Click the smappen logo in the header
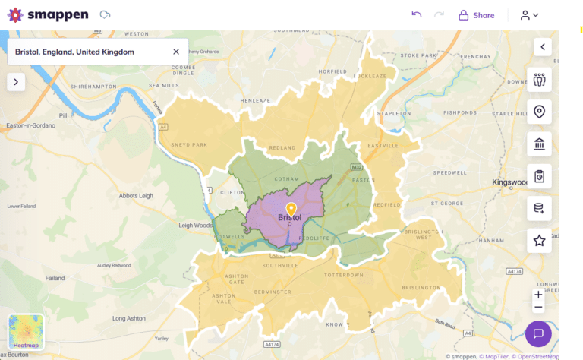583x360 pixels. coord(47,14)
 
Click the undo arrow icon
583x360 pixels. coord(416,14)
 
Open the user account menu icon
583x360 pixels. coord(529,14)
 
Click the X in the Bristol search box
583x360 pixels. coord(176,52)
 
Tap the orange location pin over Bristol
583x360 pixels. coord(290,209)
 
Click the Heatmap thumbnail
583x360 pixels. coord(26,333)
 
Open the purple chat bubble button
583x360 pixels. coord(538,333)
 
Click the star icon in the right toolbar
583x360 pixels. coord(539,241)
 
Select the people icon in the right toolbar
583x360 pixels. coord(539,80)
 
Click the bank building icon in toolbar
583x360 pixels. coord(539,144)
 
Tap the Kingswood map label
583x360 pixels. coord(510,183)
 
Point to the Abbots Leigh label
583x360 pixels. coord(137,195)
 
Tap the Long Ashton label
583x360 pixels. coord(129,318)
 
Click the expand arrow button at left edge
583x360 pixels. coord(16,82)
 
